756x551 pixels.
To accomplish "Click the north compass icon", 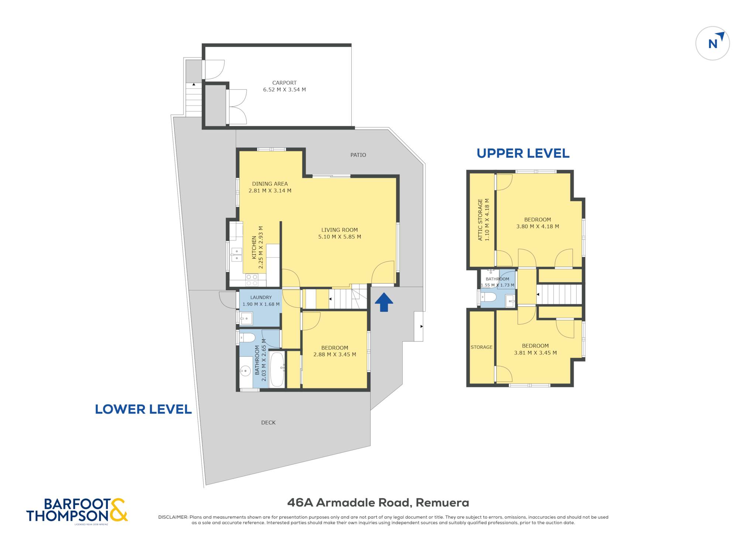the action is tap(712, 43).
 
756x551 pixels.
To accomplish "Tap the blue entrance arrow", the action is tap(384, 302).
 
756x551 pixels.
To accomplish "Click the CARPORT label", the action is tap(284, 83).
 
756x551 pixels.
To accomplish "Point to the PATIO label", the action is tap(358, 155).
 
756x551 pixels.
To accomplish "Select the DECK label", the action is tap(268, 423).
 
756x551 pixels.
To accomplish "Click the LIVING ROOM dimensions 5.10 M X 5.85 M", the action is tap(340, 237).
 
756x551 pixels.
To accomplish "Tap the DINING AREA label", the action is tap(270, 184).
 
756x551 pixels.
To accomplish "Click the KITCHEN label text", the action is tap(254, 247).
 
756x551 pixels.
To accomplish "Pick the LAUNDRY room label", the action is tap(261, 297).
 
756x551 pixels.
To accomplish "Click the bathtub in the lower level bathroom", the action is tap(277, 369).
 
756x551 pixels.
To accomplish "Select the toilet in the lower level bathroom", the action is tap(247, 337).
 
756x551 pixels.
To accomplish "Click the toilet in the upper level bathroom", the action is tap(488, 297).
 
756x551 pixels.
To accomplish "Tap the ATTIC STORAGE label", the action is tap(480, 220).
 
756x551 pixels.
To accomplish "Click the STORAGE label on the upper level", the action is tap(481, 347).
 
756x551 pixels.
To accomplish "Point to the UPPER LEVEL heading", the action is tap(523, 153).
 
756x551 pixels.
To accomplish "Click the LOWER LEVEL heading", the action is tap(143, 409).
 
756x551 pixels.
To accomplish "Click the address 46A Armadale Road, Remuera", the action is tap(378, 503).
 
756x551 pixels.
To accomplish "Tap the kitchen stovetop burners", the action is tap(252, 280).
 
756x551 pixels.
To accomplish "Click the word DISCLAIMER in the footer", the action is tap(173, 517).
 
